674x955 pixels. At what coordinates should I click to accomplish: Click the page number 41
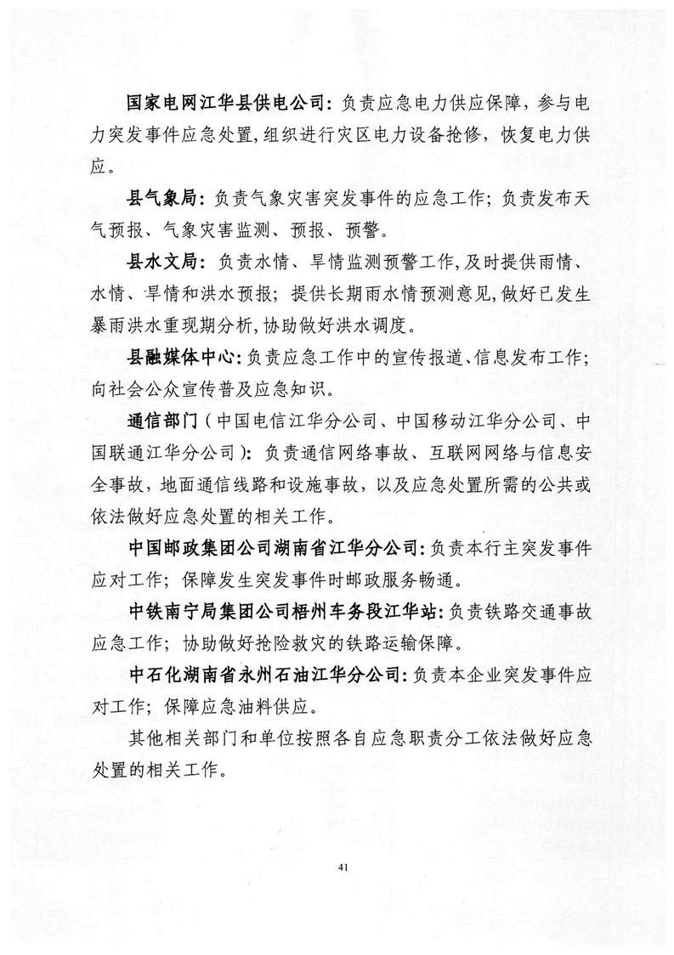pos(343,867)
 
